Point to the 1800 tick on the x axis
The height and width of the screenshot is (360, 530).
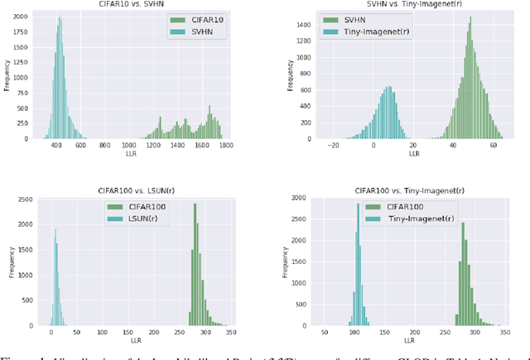225,146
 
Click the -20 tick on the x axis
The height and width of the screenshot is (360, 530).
333,146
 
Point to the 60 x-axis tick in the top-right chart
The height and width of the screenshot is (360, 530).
494,146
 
